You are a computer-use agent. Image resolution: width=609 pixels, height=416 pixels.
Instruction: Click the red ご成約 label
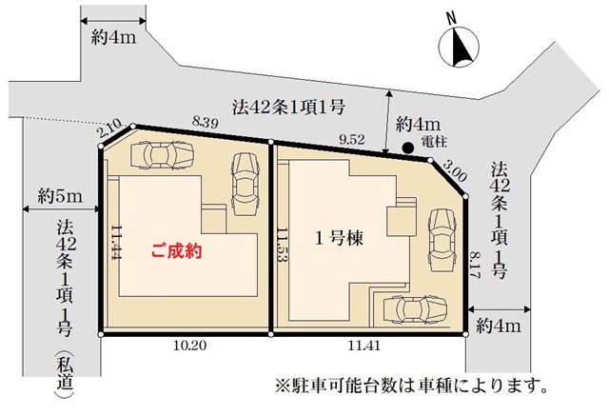(x=177, y=251)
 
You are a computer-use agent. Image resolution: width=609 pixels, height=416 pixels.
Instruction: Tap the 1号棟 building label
(x=339, y=238)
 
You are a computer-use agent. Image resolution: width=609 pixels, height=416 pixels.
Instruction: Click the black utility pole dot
(x=407, y=148)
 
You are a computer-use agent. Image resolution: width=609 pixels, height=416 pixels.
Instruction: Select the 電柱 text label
(x=434, y=142)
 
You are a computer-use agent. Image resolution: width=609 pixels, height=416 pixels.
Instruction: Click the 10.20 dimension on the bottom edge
(x=189, y=345)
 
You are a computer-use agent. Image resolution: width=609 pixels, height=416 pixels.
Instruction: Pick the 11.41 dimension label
(x=363, y=346)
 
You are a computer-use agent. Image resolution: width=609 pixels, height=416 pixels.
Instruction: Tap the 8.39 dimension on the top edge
(x=206, y=122)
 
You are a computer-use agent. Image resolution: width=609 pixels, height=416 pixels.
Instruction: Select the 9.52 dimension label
(x=352, y=139)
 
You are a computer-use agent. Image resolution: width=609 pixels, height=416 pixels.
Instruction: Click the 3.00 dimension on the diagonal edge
(x=455, y=171)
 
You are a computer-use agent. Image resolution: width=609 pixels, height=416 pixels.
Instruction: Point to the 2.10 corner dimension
(x=109, y=129)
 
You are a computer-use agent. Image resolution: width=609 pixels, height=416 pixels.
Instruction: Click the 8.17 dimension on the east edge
(x=475, y=265)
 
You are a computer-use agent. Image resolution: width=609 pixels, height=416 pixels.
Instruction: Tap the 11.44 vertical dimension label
(x=117, y=242)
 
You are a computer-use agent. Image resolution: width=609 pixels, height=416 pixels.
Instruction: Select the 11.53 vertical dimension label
(x=283, y=246)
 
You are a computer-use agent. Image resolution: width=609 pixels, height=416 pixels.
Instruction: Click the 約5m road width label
(x=60, y=196)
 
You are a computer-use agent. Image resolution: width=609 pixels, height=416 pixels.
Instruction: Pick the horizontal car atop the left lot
(x=162, y=155)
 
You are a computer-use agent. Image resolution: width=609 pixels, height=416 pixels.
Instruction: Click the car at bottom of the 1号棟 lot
(x=415, y=308)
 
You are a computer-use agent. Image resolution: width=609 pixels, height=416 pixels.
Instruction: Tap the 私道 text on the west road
(x=65, y=373)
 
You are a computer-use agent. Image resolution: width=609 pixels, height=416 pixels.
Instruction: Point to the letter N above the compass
(x=451, y=19)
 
